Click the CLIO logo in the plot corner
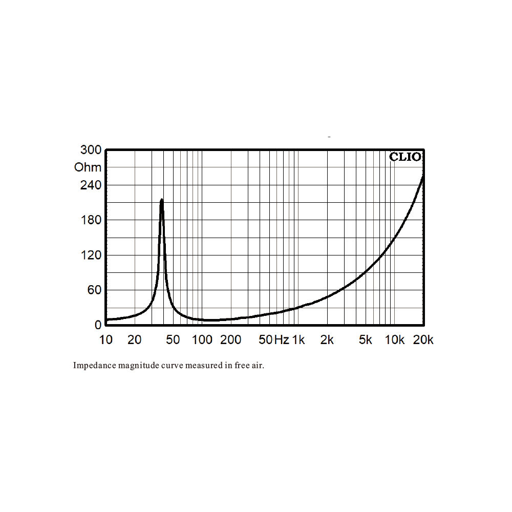[x=406, y=157]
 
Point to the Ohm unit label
[x=88, y=167]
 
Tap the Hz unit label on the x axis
[x=282, y=339]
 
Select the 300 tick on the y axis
[x=91, y=150]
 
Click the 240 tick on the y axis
[x=91, y=185]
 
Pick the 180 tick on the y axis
[x=91, y=220]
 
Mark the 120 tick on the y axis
[x=91, y=255]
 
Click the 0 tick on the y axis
[x=98, y=325]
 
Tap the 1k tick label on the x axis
[x=298, y=339]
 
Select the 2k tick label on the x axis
[x=327, y=339]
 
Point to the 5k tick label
[x=365, y=339]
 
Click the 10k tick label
[x=394, y=339]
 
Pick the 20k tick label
[x=423, y=339]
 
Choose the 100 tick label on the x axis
[x=202, y=339]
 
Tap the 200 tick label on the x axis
[x=231, y=339]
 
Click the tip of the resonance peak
[x=162, y=200]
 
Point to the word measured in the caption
[x=194, y=366]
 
